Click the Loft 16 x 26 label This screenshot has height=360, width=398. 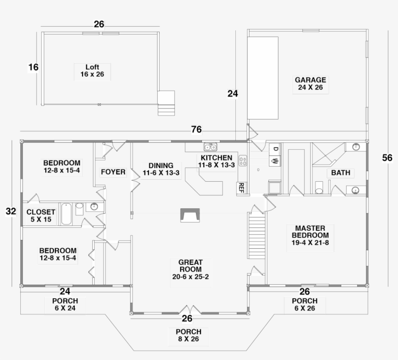pos(92,71)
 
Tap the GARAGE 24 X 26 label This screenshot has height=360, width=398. pos(310,84)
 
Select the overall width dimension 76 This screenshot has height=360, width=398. pos(196,130)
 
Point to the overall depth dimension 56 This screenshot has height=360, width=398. pos(387,158)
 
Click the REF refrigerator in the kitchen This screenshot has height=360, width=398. pos(240,188)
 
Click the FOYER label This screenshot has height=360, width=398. pos(113,172)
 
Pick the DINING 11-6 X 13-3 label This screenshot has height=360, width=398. pos(161,169)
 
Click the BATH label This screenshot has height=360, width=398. pos(340,173)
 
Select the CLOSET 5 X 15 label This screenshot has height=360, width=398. pos(41,215)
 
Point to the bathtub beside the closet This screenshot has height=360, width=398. pos(66,214)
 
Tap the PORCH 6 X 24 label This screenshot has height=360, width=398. pos(65,304)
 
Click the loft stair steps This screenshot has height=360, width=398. pos(166,103)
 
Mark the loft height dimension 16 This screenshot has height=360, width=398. pos(33,68)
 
